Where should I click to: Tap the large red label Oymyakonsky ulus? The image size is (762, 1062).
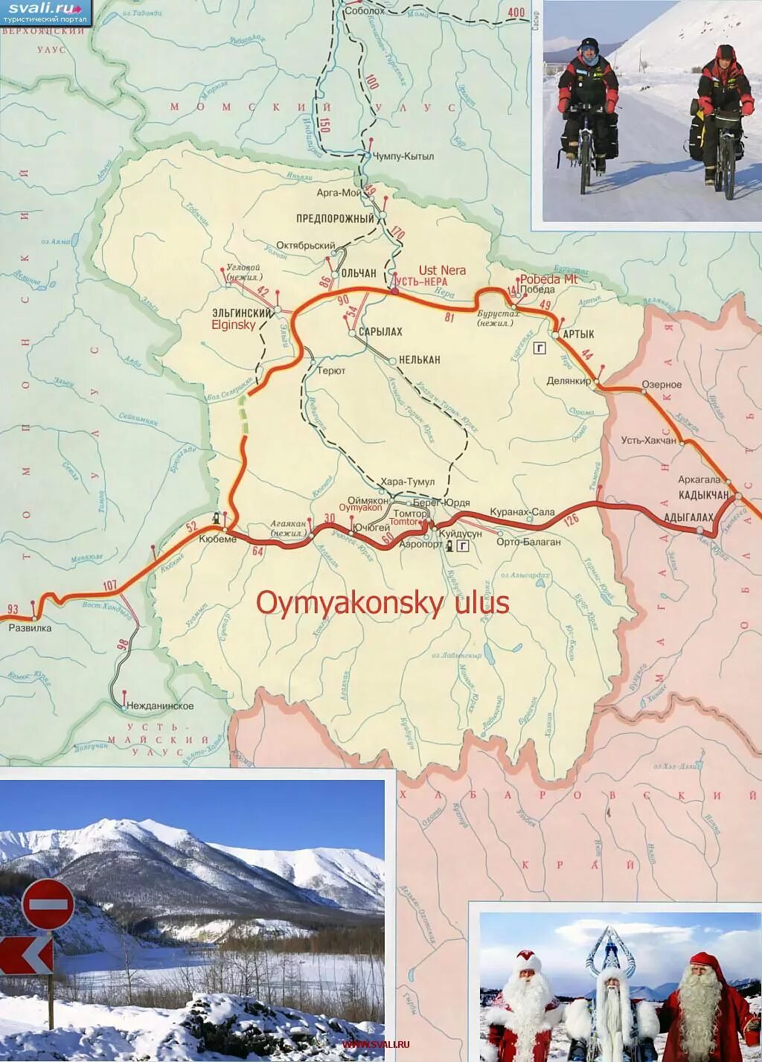[x=382, y=603]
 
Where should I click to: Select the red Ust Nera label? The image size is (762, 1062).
[x=442, y=270]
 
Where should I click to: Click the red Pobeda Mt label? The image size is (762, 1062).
[x=548, y=279]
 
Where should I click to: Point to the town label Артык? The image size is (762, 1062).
[x=578, y=335]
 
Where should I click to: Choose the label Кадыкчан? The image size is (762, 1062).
[x=703, y=495]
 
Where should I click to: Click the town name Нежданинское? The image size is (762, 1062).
[x=160, y=706]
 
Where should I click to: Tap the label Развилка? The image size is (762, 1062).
[x=30, y=627]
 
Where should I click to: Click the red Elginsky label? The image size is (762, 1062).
[x=234, y=324]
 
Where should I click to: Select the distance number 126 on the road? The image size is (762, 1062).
[x=571, y=519]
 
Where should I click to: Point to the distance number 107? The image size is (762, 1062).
[x=110, y=586]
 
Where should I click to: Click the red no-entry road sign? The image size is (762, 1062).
[x=48, y=904]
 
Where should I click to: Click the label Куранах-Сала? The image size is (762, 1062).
[x=522, y=512]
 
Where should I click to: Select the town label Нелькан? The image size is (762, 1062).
[x=420, y=359]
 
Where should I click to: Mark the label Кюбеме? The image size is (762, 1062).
[x=218, y=539]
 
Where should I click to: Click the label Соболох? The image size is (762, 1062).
[x=365, y=10]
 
